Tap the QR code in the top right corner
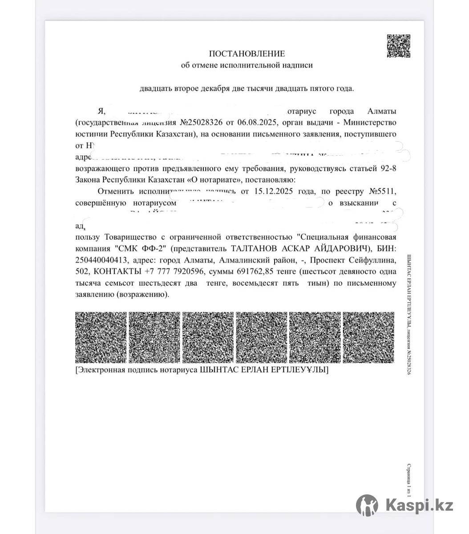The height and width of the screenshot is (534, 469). (398, 46)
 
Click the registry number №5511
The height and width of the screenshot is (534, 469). (380, 191)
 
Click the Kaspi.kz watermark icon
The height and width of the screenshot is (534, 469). (367, 506)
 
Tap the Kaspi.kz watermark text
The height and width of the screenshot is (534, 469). (420, 506)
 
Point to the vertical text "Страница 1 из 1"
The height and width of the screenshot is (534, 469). (408, 483)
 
